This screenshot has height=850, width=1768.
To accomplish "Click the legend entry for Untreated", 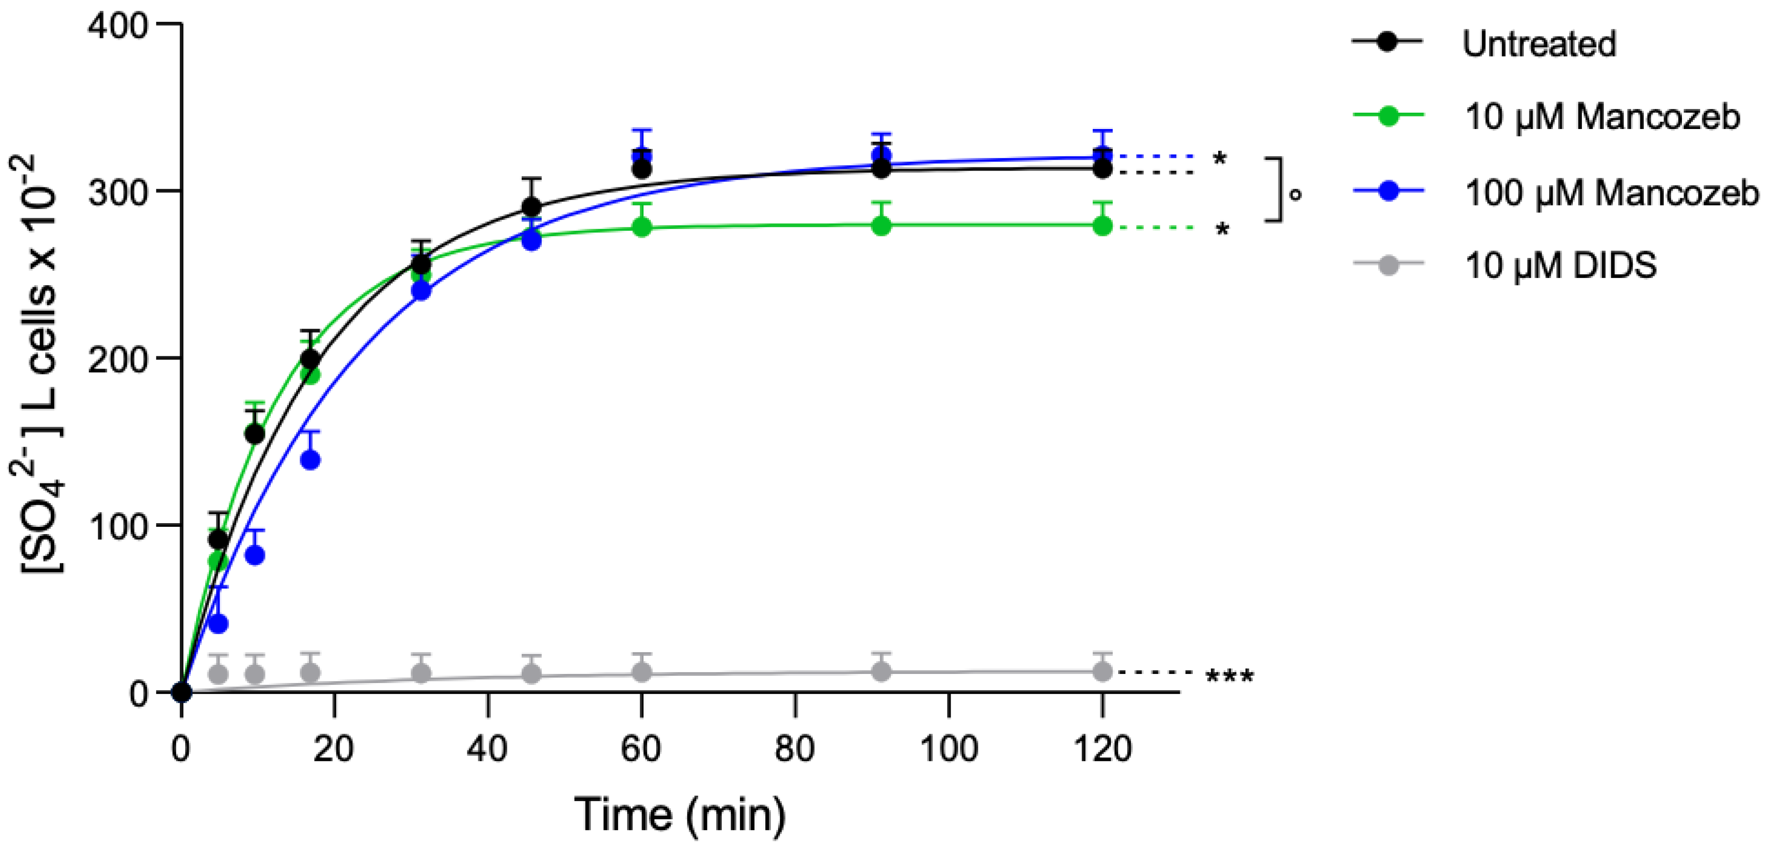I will pyautogui.click(x=1539, y=44).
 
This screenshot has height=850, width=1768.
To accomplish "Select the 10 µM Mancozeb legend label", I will pyautogui.click(x=1602, y=117).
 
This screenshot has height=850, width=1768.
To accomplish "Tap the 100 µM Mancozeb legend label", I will pyautogui.click(x=1611, y=193).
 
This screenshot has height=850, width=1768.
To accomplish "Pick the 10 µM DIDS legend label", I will pyautogui.click(x=1560, y=266).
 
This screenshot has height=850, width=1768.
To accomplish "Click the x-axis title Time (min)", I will pyautogui.click(x=679, y=814).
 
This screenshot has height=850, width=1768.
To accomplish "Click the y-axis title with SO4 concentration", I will pyautogui.click(x=38, y=363).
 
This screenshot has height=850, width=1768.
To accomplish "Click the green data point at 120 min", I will pyautogui.click(x=1101, y=226).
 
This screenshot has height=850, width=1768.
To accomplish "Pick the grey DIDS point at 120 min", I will pyautogui.click(x=1101, y=672).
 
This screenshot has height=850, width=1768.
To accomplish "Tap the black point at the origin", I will pyautogui.click(x=181, y=692).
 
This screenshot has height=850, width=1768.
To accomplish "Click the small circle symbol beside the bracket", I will pyautogui.click(x=1295, y=195).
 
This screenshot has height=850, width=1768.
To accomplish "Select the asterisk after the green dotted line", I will pyautogui.click(x=1222, y=229).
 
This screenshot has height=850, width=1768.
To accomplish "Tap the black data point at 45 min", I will pyautogui.click(x=531, y=206).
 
